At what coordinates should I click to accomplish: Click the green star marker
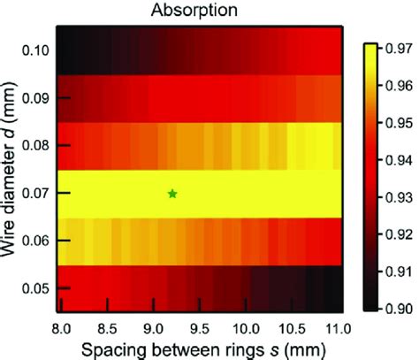[x=172, y=194]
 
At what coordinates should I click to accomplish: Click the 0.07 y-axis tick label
[x=34, y=193]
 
